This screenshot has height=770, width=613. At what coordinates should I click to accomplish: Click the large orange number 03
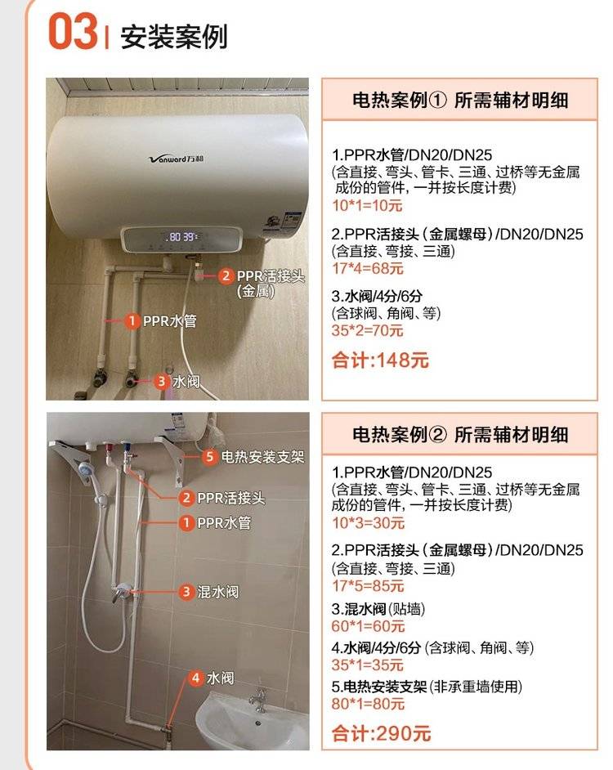click(x=73, y=31)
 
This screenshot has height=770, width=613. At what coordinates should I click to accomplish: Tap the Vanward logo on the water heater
click(x=176, y=159)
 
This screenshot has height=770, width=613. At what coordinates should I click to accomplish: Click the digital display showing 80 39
click(x=181, y=237)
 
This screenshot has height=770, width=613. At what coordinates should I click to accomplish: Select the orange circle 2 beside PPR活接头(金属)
click(x=226, y=275)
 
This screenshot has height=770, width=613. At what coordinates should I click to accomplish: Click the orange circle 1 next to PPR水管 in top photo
click(x=131, y=321)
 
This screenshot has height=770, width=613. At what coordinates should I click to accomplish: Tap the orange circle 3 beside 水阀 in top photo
click(x=161, y=381)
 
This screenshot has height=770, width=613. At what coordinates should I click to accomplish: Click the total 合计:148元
click(x=380, y=360)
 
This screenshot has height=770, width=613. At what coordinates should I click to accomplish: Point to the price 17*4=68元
click(x=368, y=269)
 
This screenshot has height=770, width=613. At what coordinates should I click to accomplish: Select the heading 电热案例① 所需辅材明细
click(x=460, y=101)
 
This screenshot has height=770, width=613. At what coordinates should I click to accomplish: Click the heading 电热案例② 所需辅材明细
click(x=460, y=435)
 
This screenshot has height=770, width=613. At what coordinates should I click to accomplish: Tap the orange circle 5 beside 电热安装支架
click(x=209, y=457)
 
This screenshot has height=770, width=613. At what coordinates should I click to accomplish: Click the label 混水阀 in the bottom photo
click(x=218, y=592)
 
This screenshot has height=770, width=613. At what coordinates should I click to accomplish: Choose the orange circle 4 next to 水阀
click(x=195, y=678)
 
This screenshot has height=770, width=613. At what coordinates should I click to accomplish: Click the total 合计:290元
click(x=381, y=734)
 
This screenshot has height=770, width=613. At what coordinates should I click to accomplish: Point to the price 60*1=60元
click(x=368, y=626)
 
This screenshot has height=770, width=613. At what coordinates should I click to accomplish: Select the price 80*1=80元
click(x=368, y=704)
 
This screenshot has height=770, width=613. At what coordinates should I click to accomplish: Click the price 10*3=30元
click(x=368, y=523)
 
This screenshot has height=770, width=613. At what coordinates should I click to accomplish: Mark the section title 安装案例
click(x=174, y=37)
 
